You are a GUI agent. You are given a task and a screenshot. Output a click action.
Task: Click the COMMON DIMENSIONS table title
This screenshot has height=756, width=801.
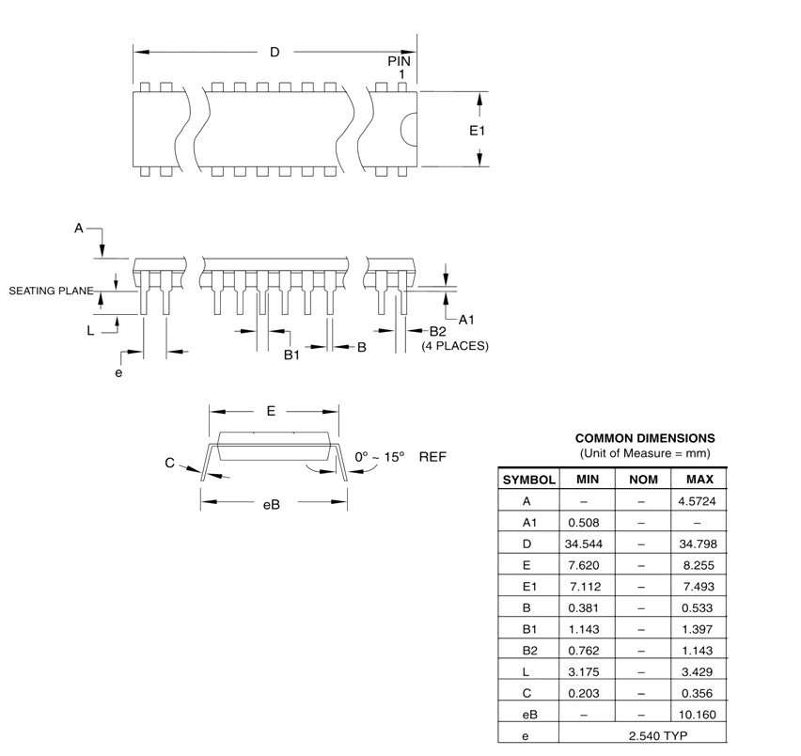point(644,438)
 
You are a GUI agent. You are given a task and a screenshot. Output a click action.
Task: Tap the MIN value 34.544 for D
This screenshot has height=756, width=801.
point(586,543)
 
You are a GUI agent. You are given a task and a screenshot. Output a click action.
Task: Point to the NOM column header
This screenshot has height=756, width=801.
point(642,479)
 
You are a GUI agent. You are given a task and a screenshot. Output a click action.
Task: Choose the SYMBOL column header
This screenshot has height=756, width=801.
point(529,479)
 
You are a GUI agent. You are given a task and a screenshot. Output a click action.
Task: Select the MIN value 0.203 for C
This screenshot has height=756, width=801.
point(586,694)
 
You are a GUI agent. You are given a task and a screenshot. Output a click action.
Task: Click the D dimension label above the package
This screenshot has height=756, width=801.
point(275,53)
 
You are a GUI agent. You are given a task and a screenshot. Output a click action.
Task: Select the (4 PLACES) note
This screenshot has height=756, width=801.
point(454,346)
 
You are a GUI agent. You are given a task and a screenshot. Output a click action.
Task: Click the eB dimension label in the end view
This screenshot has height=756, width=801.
point(271,504)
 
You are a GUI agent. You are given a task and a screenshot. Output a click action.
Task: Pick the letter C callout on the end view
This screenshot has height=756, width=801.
point(169,463)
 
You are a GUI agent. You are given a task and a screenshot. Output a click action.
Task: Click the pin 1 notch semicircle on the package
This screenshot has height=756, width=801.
point(410,130)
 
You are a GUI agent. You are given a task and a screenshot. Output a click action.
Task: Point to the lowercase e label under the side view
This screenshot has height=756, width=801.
point(118,372)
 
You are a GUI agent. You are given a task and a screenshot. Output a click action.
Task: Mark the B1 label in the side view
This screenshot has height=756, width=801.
point(291,354)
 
